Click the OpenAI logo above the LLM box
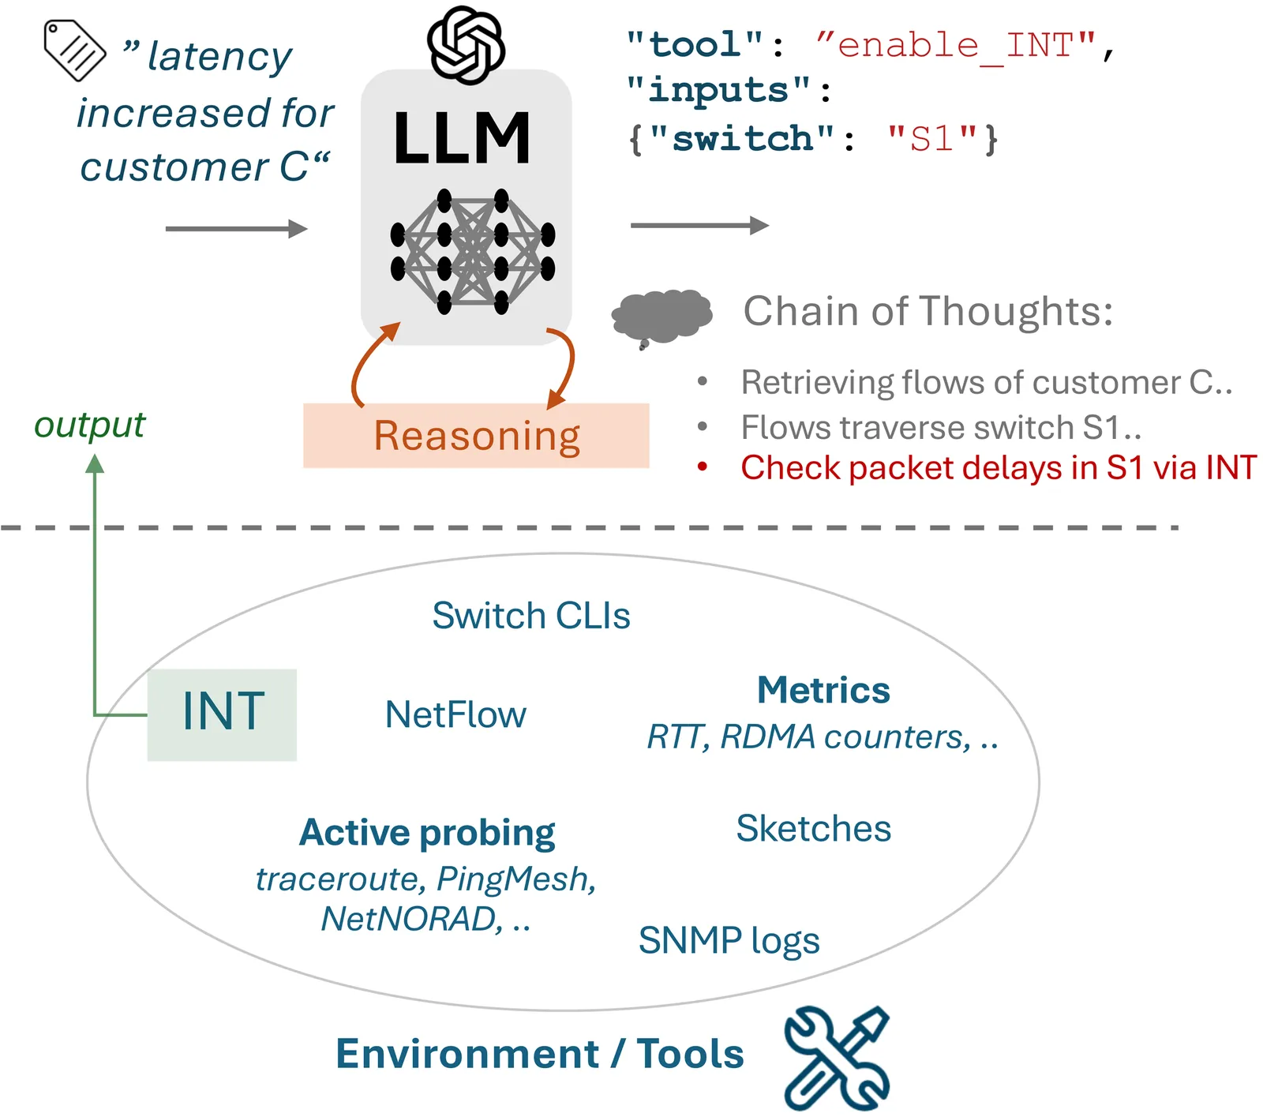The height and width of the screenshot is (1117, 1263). [x=466, y=44]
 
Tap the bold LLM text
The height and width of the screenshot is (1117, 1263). [x=462, y=139]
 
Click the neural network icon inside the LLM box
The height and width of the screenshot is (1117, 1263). [x=472, y=251]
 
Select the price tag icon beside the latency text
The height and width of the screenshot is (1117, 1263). [x=74, y=50]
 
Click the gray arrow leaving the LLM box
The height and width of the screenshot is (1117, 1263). [x=699, y=226]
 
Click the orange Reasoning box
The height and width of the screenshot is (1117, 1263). [x=476, y=436]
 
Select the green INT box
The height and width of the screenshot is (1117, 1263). [x=222, y=714]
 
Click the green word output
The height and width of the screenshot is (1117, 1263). [x=89, y=425]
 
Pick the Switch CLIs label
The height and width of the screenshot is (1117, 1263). [x=530, y=616]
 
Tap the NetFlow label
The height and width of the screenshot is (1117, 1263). [x=455, y=714]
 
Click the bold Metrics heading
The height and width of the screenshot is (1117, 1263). [x=823, y=690]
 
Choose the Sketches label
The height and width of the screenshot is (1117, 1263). [x=813, y=829]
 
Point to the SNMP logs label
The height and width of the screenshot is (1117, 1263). [x=729, y=940]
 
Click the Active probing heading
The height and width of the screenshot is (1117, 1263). [x=427, y=833]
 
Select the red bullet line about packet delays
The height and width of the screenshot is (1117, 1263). [x=998, y=467]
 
